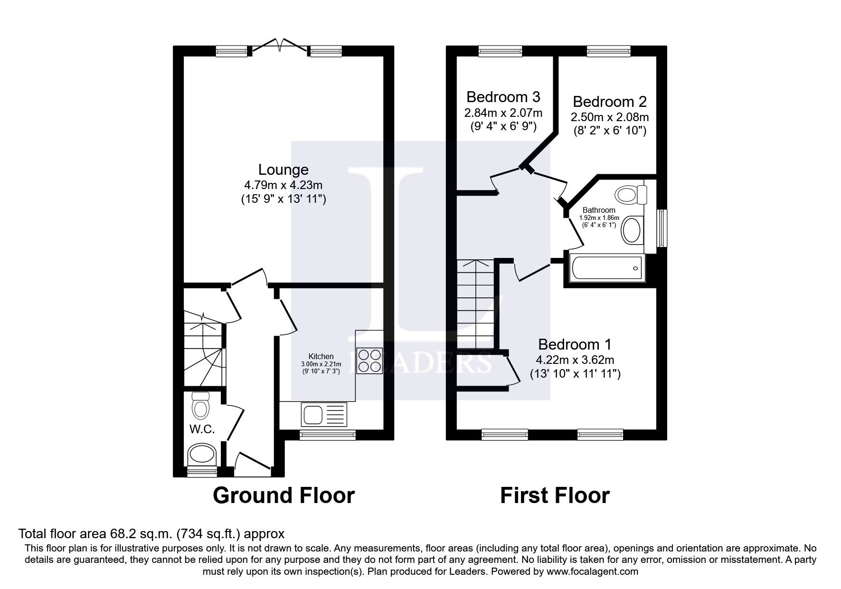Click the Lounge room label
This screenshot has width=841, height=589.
(x=283, y=170)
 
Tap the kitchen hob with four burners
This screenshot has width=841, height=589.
(x=369, y=361)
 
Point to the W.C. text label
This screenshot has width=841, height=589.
(x=202, y=429)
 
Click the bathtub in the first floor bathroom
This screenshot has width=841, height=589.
(x=606, y=268)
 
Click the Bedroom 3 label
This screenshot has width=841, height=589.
(x=503, y=97)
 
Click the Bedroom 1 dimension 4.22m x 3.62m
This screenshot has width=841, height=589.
(x=575, y=360)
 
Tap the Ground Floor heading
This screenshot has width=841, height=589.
(x=283, y=495)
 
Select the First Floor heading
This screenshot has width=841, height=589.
(x=555, y=495)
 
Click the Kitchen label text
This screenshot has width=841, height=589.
(x=321, y=356)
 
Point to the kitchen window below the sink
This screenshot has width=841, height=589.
(x=328, y=434)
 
